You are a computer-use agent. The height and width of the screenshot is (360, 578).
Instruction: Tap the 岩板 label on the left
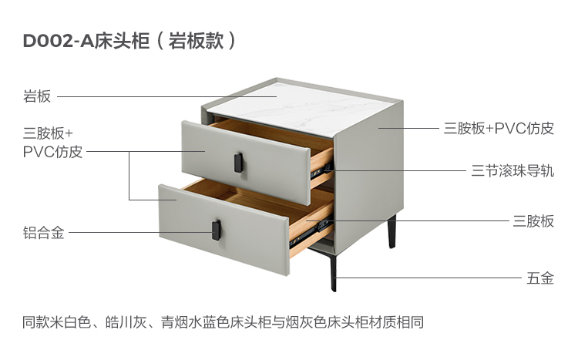tap(37, 96)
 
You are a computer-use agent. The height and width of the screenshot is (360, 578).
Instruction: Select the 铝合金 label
tap(43, 232)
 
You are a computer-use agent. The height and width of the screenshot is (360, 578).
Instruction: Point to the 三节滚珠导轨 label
tap(512, 170)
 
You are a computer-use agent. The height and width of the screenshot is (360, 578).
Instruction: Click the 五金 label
tap(540, 278)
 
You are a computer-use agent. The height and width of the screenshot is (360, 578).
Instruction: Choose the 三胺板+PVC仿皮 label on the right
tap(499, 128)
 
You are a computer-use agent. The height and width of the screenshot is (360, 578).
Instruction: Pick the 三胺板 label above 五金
tap(533, 221)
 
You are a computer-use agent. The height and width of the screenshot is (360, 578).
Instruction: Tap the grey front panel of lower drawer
tap(223, 231)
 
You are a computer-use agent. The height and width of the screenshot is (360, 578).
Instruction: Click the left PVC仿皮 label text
tap(52, 151)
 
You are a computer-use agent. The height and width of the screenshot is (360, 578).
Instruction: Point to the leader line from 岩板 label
tap(162, 97)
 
